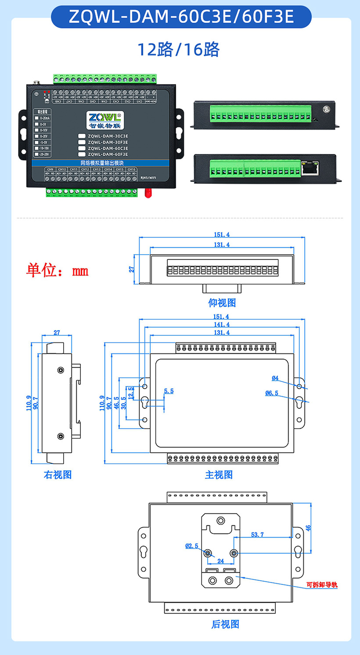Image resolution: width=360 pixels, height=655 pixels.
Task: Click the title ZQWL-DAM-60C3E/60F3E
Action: point(181,17)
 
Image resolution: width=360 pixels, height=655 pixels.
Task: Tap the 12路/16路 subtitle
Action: point(179,50)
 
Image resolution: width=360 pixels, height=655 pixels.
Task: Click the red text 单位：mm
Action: point(57,270)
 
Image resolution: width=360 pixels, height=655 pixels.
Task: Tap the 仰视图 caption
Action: point(222,303)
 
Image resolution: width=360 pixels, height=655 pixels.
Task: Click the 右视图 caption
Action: point(58,475)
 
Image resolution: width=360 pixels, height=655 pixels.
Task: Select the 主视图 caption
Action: point(219,475)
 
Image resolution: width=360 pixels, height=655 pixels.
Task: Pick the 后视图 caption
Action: point(225,624)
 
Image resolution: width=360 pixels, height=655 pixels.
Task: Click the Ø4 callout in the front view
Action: point(275,378)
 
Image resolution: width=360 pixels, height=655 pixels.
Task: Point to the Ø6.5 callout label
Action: point(272,393)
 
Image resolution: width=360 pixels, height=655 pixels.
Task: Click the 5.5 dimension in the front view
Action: point(169,391)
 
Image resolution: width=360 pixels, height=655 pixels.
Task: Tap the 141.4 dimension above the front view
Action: point(221,324)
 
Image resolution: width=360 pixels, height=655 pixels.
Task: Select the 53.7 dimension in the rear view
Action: point(257,534)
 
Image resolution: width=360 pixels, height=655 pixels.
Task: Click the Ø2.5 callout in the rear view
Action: point(192,546)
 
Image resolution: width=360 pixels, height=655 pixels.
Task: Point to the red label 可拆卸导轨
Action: point(322,585)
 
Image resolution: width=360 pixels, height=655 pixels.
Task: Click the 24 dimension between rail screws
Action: point(220,561)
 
